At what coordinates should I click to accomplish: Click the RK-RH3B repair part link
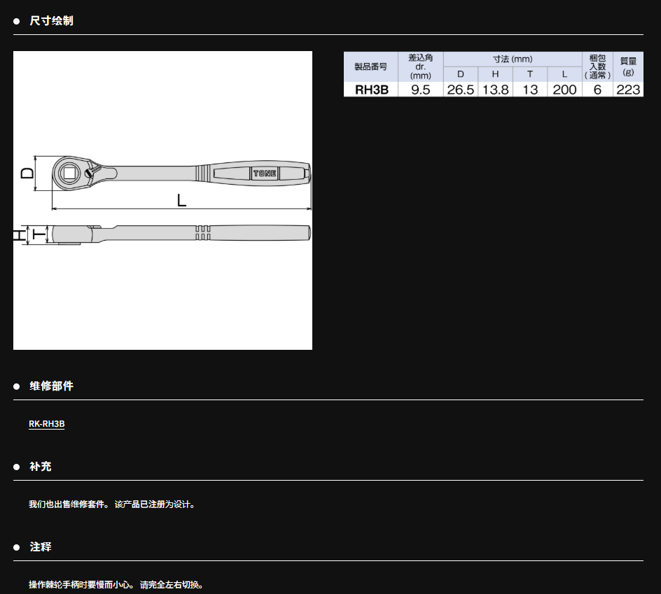pyautogui.click(x=46, y=423)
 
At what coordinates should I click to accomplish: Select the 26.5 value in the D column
pyautogui.click(x=460, y=90)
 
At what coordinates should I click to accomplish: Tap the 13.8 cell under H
pyautogui.click(x=495, y=90)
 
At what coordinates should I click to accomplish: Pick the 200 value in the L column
pyautogui.click(x=564, y=90)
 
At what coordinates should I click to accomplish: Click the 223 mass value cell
pyautogui.click(x=628, y=90)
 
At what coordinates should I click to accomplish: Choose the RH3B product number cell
pyautogui.click(x=371, y=90)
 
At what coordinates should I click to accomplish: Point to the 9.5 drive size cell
pyautogui.click(x=420, y=90)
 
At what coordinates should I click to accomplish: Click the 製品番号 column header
pyautogui.click(x=370, y=66)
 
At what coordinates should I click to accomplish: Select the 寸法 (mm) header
pyautogui.click(x=513, y=59)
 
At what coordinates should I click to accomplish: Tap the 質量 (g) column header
pyautogui.click(x=628, y=66)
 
